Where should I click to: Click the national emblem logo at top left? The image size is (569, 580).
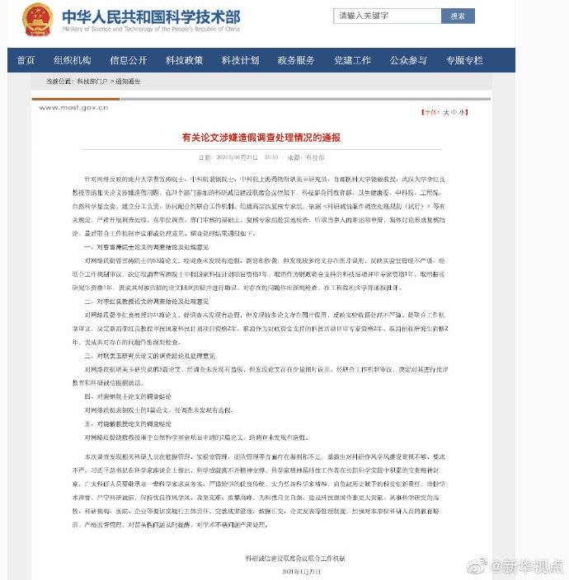(x=37, y=18)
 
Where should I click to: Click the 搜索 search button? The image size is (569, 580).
(x=458, y=16)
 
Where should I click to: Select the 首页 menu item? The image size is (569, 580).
(x=26, y=60)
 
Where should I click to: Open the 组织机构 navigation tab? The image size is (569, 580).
(x=73, y=60)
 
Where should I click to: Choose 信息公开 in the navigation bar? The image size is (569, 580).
(x=128, y=60)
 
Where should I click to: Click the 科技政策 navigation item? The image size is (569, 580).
(x=184, y=60)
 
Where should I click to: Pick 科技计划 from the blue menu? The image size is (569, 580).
(x=240, y=60)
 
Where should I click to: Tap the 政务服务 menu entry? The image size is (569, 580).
(x=296, y=60)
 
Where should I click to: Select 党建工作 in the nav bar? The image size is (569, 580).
(x=352, y=60)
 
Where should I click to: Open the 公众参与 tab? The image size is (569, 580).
(x=408, y=60)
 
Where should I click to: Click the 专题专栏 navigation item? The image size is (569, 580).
(x=464, y=60)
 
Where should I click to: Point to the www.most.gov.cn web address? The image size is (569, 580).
(x=73, y=108)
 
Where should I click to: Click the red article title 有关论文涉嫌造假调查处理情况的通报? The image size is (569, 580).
(x=261, y=138)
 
